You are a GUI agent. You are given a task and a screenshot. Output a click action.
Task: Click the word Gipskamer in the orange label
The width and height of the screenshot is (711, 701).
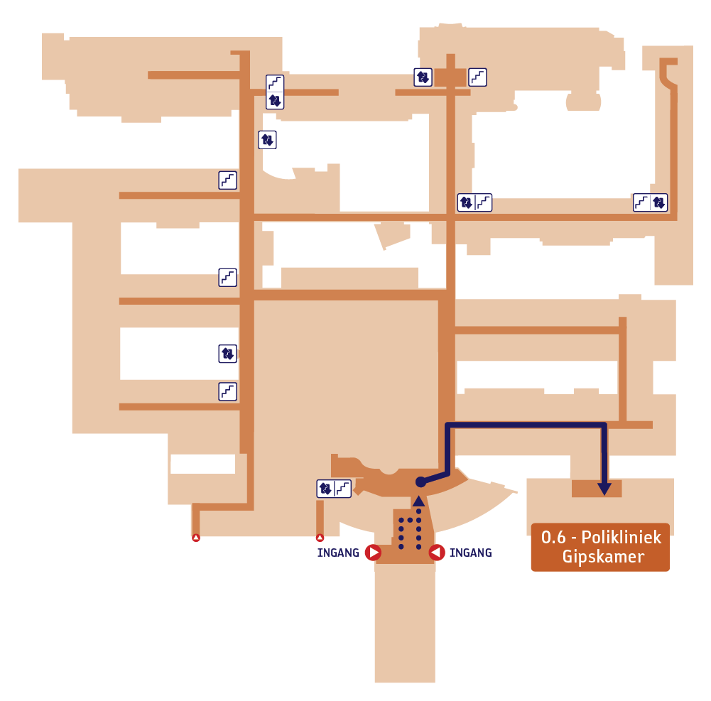tap(603, 557)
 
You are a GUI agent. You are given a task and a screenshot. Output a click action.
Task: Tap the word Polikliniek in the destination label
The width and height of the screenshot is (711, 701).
tap(622, 537)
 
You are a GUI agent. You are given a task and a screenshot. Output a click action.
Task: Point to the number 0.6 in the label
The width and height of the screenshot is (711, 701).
tap(553, 538)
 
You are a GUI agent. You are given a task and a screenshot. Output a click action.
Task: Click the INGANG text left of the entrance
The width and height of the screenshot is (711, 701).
tap(338, 553)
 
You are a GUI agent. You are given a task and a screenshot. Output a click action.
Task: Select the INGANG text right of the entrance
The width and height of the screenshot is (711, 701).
tap(471, 553)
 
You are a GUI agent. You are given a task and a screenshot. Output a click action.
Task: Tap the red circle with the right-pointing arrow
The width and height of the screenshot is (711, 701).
tap(373, 553)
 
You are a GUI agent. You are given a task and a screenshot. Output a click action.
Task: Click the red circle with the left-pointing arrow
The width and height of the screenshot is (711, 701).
tap(437, 553)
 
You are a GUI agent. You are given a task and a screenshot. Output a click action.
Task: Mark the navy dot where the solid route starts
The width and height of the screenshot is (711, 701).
tap(420, 482)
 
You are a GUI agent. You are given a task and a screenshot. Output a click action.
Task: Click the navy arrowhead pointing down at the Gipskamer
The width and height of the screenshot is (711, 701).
tap(604, 489)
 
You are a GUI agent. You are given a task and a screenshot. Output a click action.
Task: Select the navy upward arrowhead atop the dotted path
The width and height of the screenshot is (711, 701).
tap(418, 501)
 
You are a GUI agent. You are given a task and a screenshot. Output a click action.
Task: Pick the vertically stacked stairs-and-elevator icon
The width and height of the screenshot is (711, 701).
tap(275, 92)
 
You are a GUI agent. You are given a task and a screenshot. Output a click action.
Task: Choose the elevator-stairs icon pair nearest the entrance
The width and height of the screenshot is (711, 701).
tap(334, 489)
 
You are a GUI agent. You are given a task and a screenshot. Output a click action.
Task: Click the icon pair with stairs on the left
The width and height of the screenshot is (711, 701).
tap(650, 202)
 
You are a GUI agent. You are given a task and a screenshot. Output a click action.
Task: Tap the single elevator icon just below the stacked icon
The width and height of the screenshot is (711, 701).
tap(267, 140)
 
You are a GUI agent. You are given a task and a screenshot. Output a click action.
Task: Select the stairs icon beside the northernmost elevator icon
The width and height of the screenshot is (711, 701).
tap(477, 77)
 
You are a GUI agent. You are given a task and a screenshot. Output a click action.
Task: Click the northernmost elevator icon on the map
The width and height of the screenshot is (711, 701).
tap(423, 77)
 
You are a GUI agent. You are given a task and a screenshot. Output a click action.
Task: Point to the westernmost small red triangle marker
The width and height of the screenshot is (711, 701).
tap(196, 538)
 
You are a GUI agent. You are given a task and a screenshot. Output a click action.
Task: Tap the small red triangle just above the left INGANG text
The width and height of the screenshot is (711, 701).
tap(320, 538)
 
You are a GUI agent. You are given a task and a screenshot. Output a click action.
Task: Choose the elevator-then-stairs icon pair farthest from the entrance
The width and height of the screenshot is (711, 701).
tap(474, 202)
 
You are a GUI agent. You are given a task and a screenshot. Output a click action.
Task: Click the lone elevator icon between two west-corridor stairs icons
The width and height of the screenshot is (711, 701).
tap(227, 354)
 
